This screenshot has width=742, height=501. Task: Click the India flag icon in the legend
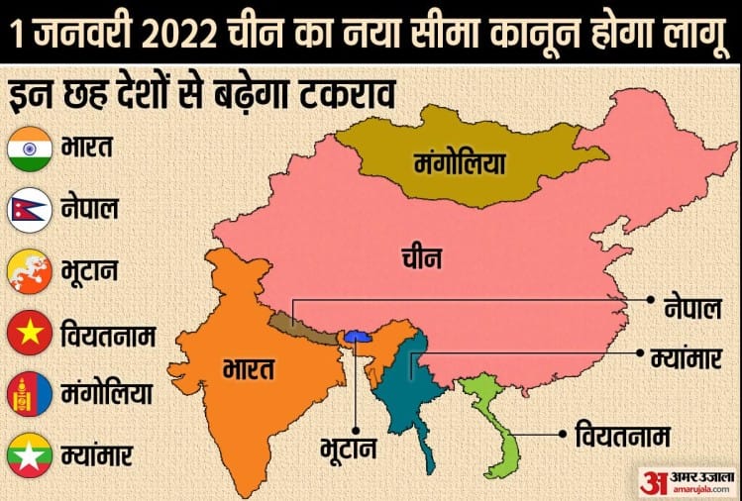[x=29, y=150]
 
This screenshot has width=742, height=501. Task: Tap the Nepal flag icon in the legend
[x=29, y=210]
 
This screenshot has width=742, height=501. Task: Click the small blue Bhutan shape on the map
[x=357, y=336]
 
